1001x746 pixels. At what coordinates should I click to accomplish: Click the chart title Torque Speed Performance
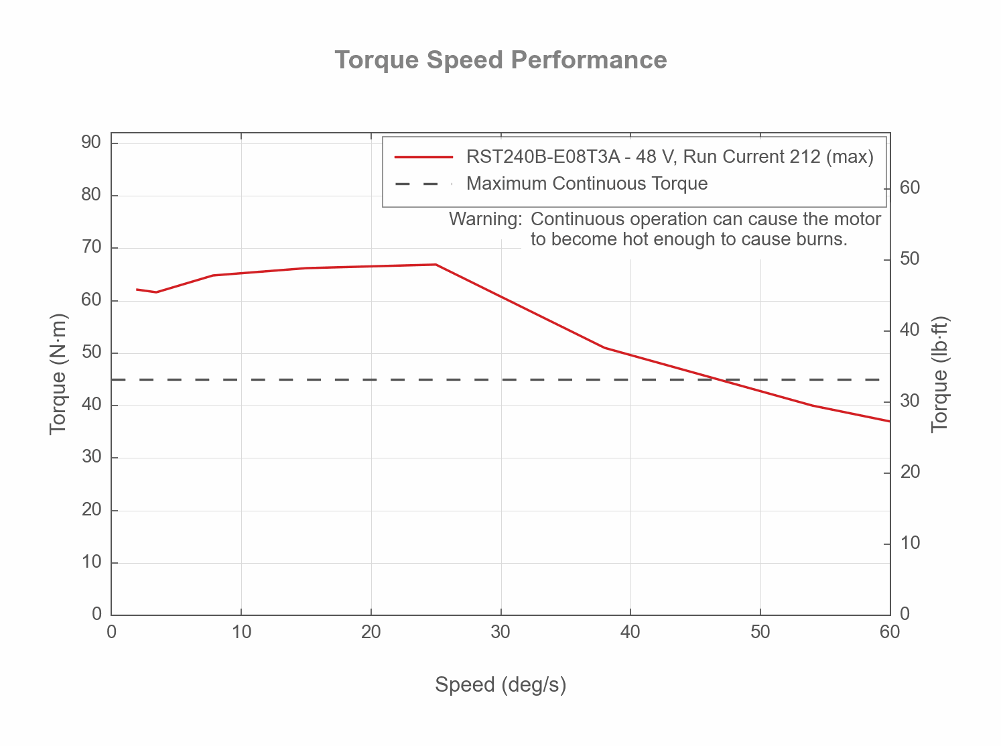pos(500,60)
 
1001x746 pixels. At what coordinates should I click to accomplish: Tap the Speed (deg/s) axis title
pos(500,685)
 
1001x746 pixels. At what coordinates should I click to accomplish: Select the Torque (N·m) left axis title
pos(58,374)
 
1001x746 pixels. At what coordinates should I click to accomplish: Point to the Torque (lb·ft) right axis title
pos(940,374)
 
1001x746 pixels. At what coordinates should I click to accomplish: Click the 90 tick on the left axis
pos(91,143)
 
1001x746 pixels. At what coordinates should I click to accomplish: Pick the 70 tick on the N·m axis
pos(91,247)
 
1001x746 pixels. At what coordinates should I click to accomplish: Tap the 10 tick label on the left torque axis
pos(91,562)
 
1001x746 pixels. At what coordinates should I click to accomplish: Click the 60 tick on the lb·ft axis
pos(910,188)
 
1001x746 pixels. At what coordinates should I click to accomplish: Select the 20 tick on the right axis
pos(910,473)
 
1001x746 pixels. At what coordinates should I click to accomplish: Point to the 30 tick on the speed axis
pos(500,632)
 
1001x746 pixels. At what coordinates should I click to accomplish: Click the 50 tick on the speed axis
pos(760,632)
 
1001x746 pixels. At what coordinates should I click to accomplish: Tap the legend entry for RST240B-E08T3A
pos(669,157)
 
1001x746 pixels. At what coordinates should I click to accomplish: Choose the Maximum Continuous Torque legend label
pos(587,184)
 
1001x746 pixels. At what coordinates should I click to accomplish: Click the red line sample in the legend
pos(423,157)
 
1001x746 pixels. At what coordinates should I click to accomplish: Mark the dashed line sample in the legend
pos(423,184)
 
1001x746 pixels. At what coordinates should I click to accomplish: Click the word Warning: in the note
pos(485,220)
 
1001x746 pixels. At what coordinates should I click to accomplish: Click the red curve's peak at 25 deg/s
pos(436,265)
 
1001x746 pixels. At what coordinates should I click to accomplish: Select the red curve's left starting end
pos(137,290)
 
